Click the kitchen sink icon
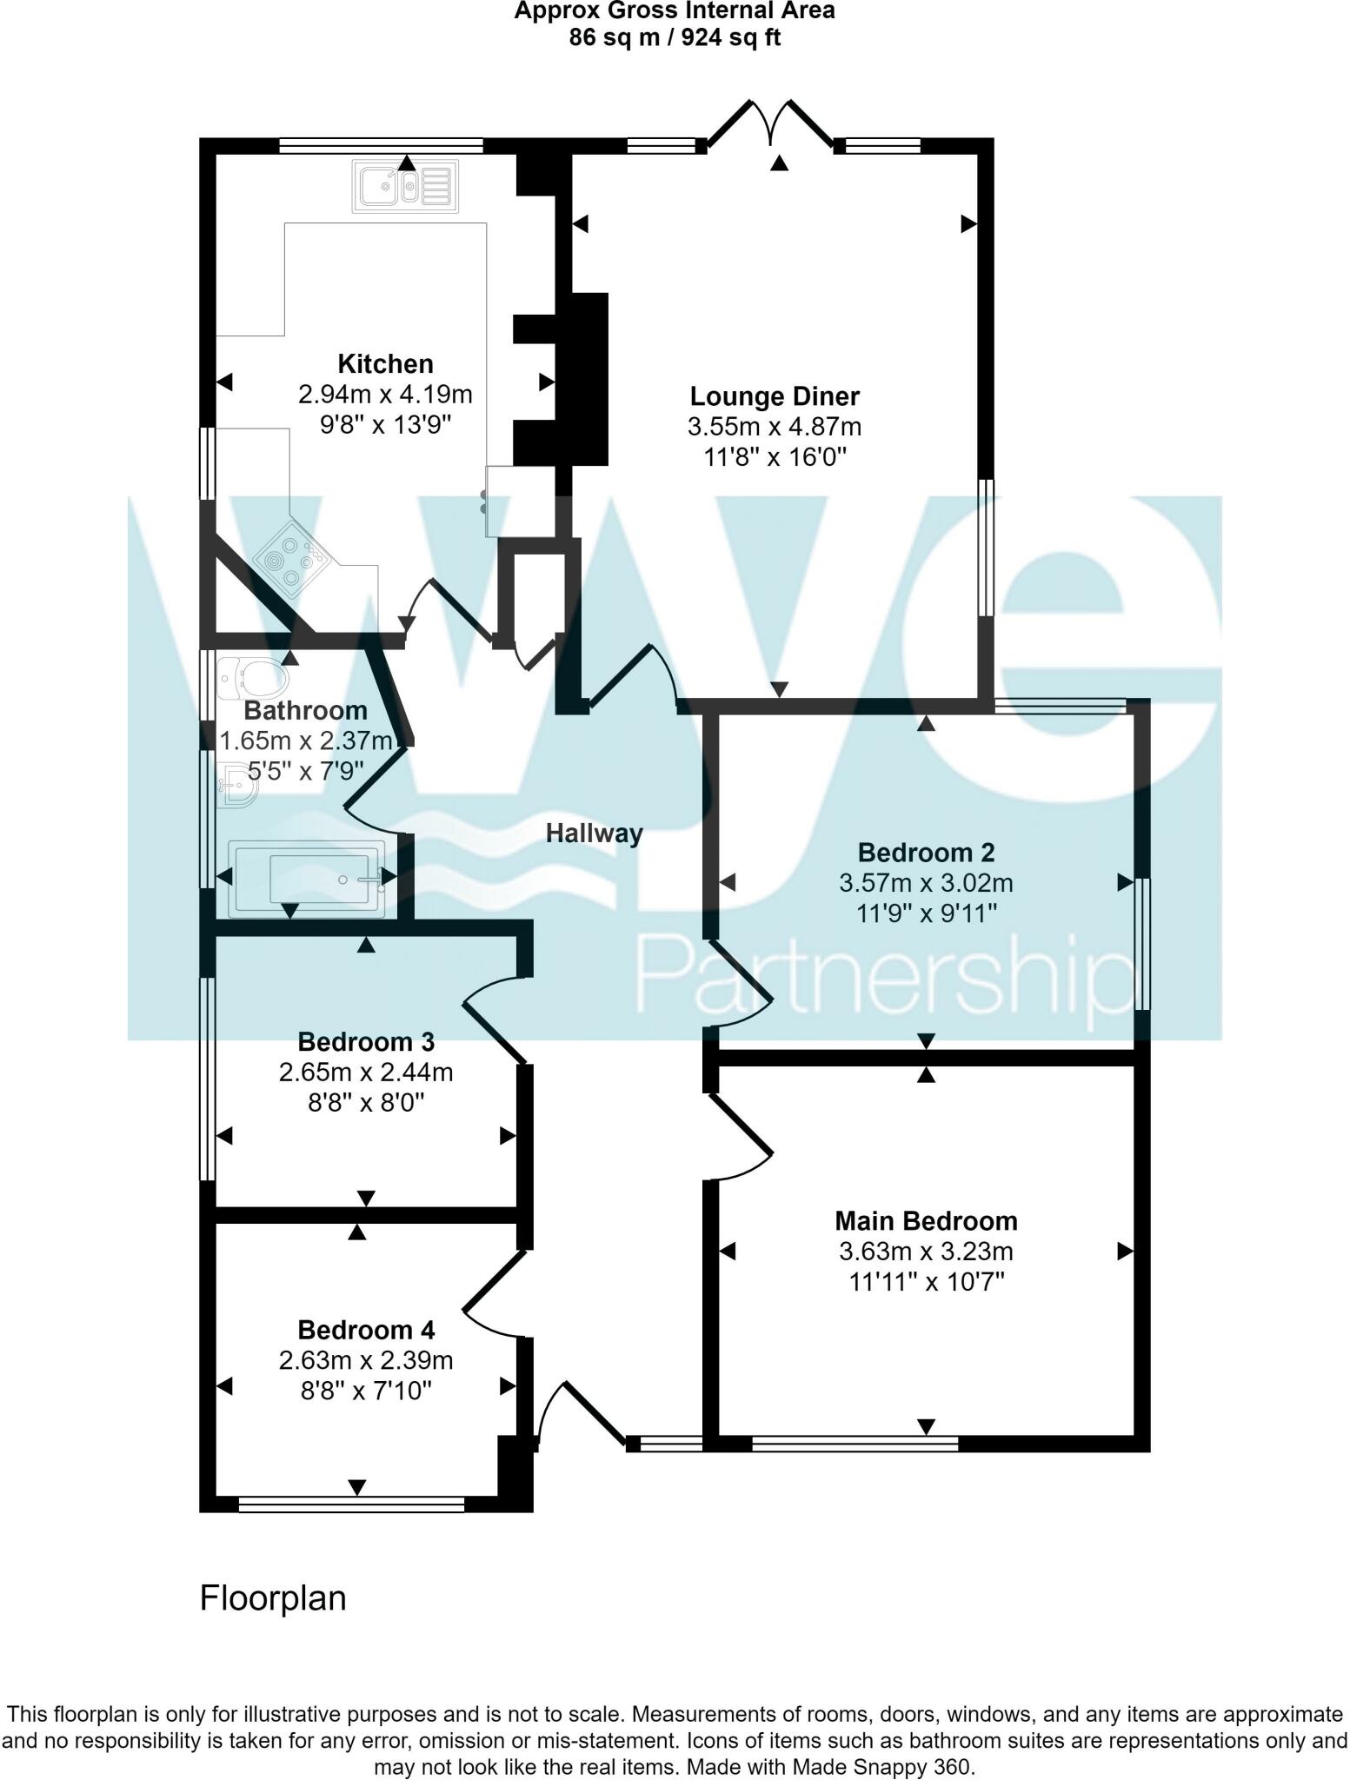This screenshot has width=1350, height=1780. (405, 187)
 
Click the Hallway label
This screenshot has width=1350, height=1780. (594, 834)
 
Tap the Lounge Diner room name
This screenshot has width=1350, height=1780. (774, 396)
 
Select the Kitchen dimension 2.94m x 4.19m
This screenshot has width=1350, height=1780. (385, 395)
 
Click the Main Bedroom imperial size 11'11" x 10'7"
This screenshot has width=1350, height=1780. (926, 1282)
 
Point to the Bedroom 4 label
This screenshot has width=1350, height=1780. (366, 1330)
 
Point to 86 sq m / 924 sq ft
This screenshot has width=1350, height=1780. (675, 37)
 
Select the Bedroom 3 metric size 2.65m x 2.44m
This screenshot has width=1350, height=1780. (366, 1073)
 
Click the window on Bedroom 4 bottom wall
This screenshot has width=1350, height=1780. (351, 1504)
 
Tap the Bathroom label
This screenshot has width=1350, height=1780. (305, 710)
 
